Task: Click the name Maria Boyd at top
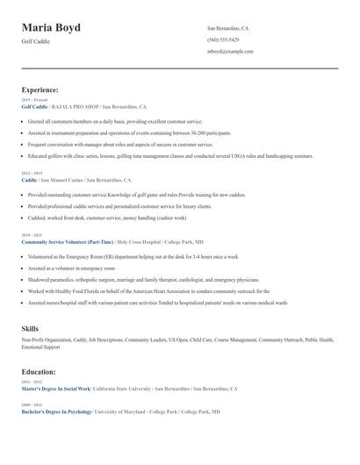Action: point(51,28)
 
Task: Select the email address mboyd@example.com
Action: point(230,51)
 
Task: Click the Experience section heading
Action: point(40,89)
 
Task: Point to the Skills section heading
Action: point(30,328)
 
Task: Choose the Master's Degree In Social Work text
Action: point(55,388)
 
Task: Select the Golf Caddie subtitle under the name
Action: point(37,42)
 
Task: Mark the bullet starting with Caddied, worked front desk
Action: point(106,217)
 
